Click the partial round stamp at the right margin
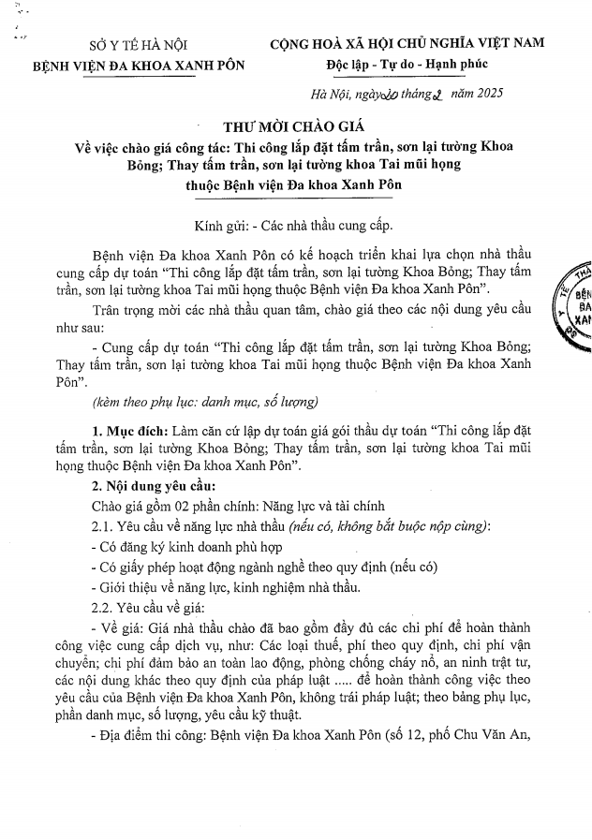pos(575,303)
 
